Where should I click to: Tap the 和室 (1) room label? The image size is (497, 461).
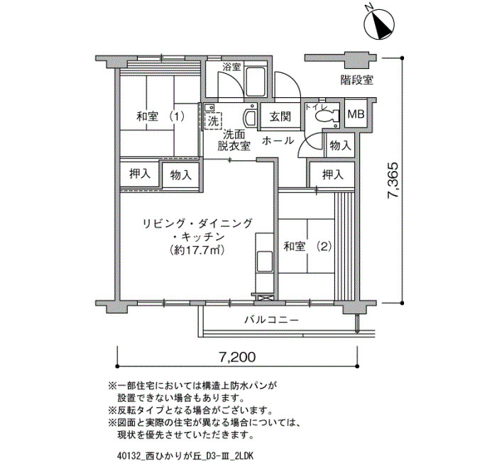coord(160,117)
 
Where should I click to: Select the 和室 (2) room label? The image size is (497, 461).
coord(307,246)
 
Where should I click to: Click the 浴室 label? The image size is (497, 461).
coord(231,67)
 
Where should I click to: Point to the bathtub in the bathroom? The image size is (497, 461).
coord(256,82)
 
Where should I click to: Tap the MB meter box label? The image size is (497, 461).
coord(356,114)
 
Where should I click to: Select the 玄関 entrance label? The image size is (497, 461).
coord(280,117)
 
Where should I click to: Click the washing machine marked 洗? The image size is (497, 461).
coord(213,121)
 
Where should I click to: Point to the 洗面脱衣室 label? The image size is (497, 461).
coord(234,140)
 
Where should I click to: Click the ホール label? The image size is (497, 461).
coord(278,140)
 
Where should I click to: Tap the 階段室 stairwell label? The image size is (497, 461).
coord(357,79)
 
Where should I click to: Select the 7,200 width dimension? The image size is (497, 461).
coord(237,357)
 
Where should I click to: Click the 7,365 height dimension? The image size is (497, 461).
coord(394,180)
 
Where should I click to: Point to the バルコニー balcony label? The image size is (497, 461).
coord(271,320)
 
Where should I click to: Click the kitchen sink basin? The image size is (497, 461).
coord(264,262)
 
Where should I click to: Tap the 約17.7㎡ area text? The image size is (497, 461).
coord(197,250)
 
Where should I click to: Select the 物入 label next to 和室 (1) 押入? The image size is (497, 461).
coord(181,174)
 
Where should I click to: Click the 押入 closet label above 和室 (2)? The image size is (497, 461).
coord(333,174)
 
